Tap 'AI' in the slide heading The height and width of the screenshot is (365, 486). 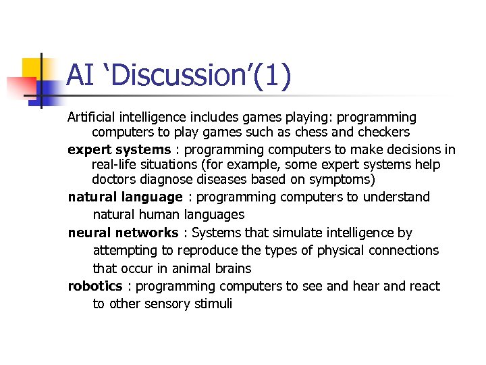click(80, 76)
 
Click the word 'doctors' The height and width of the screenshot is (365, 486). click(113, 179)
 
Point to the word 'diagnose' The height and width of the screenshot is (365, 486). click(167, 180)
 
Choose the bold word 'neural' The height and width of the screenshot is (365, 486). click(88, 233)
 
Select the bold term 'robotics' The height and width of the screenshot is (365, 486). click(95, 287)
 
